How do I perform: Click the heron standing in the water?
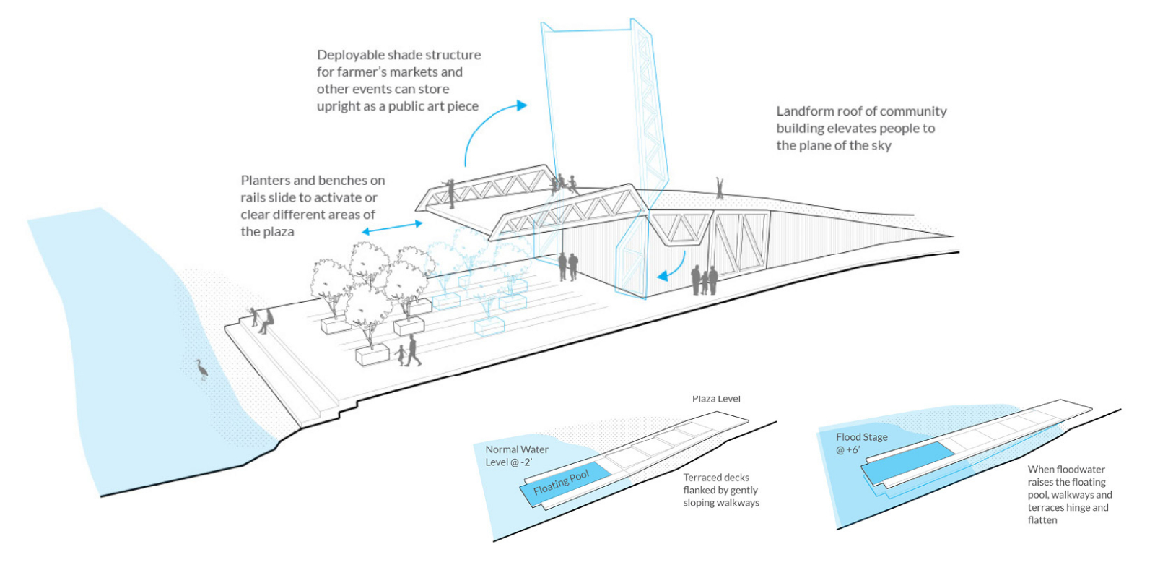[x=202, y=368]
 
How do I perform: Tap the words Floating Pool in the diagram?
[x=561, y=483]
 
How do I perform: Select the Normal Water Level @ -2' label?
[x=516, y=456]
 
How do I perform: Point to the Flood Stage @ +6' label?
[x=861, y=443]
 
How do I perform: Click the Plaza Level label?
[x=716, y=399]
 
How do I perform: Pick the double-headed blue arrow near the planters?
[x=392, y=228]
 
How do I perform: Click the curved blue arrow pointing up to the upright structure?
[x=491, y=130]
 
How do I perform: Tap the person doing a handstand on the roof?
[x=719, y=188]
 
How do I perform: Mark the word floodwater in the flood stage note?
[x=1081, y=470]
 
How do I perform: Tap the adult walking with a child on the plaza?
[x=413, y=350]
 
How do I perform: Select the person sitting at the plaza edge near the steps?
[x=268, y=320]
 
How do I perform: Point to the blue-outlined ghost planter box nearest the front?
[x=489, y=327]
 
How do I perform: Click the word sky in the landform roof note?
[x=881, y=146]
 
